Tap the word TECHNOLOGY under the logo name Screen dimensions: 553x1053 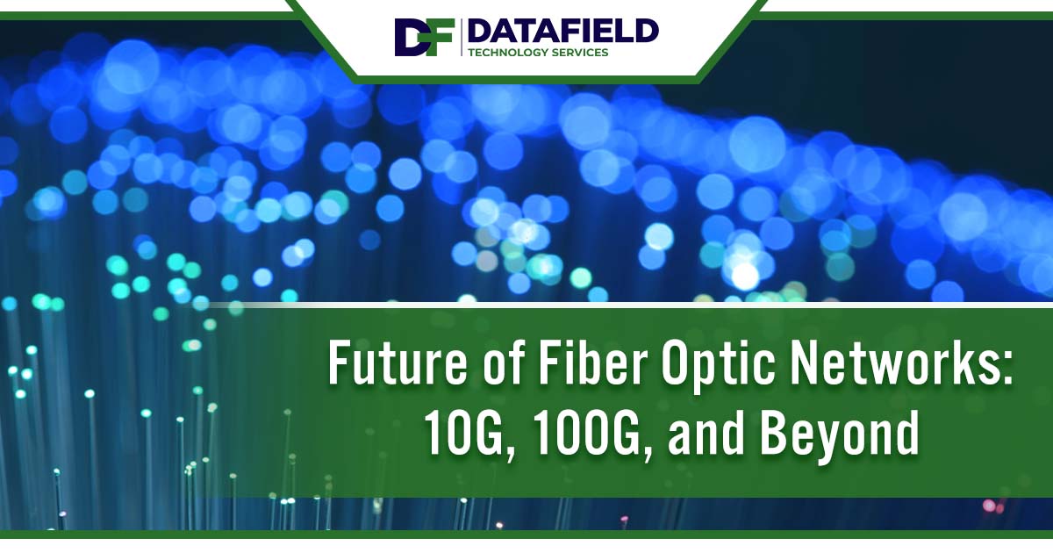pos(509,53)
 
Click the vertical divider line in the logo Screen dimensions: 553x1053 pos(462,37)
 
